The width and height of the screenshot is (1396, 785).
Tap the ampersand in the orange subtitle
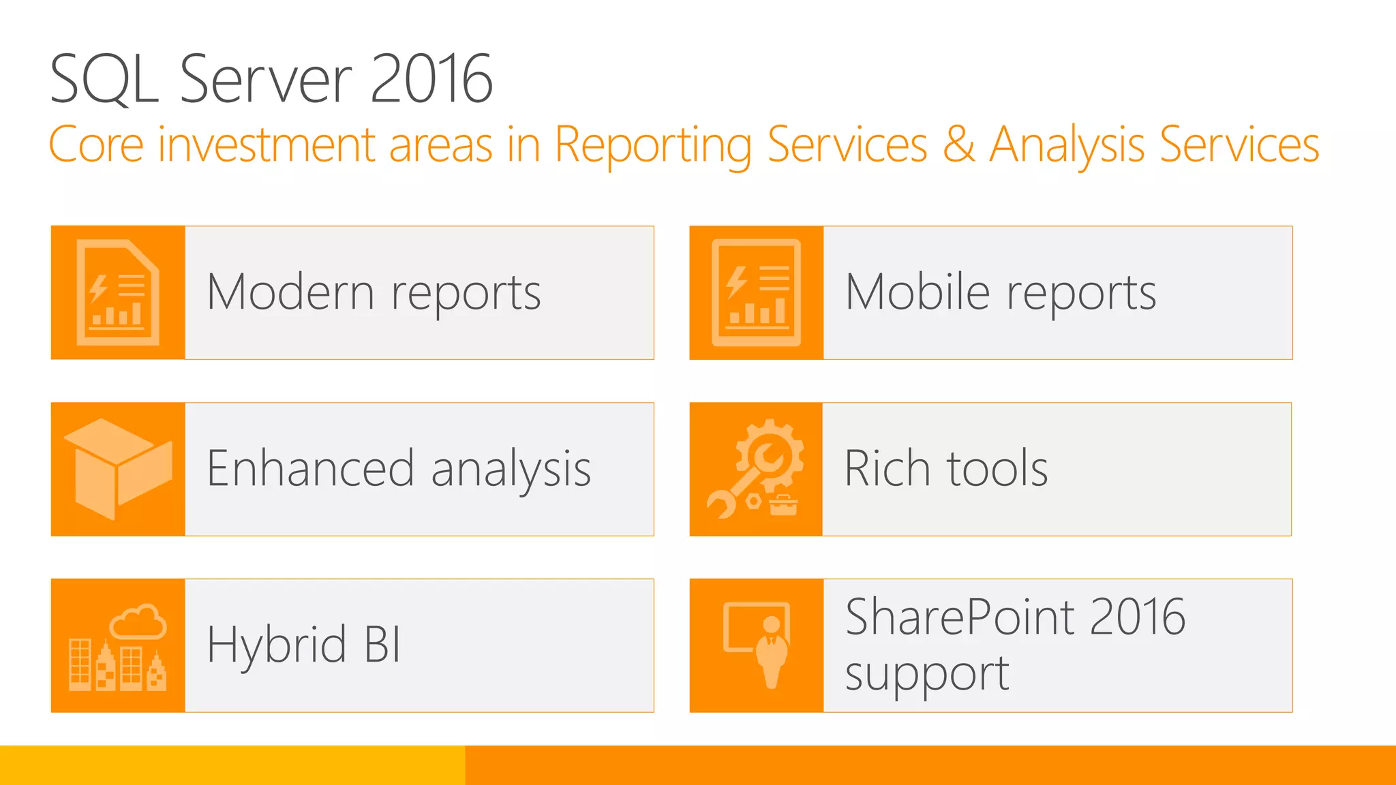(x=958, y=144)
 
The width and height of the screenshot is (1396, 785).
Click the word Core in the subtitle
(x=96, y=144)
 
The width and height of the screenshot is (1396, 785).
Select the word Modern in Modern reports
(x=290, y=292)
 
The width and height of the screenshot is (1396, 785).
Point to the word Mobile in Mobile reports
(x=917, y=292)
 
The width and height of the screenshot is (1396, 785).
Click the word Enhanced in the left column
(x=310, y=469)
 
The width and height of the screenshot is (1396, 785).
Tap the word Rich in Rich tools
(x=887, y=469)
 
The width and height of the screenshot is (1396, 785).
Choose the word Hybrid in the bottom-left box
(x=277, y=645)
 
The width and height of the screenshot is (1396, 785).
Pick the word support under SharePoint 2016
(x=927, y=674)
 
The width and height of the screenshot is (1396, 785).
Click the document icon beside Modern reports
(x=118, y=292)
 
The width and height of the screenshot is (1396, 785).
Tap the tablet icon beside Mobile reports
(x=756, y=292)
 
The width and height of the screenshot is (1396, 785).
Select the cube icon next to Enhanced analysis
(x=117, y=469)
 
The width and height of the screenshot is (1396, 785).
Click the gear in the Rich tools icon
(x=771, y=453)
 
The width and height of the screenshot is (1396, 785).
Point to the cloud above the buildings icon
(x=138, y=621)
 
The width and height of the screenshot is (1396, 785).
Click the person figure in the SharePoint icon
(x=772, y=651)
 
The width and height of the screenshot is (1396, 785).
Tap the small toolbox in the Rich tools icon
(x=783, y=506)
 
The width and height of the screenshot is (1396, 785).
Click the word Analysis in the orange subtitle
(x=1067, y=144)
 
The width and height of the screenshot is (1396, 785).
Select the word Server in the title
(x=266, y=80)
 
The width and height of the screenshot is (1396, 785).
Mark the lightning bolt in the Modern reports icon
(x=98, y=288)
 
